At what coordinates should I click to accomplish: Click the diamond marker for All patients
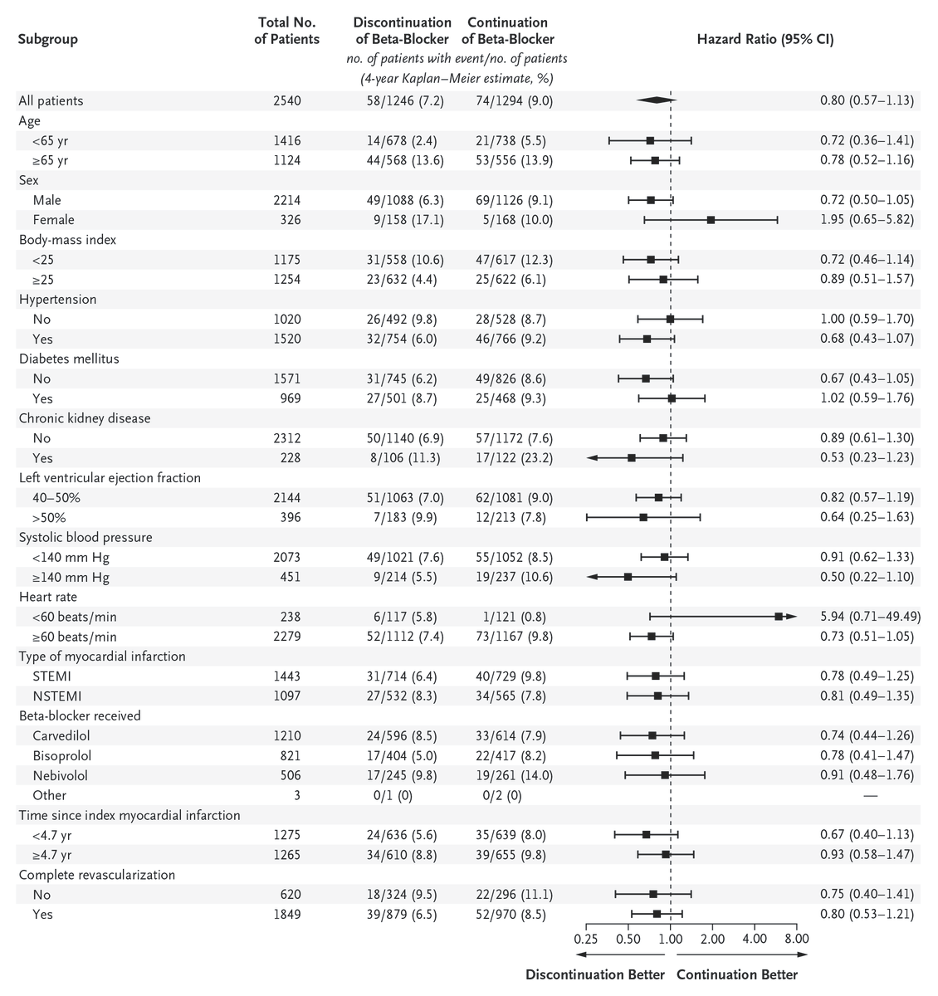click(657, 100)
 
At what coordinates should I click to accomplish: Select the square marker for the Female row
click(711, 220)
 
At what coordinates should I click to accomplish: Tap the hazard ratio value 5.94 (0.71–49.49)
click(867, 617)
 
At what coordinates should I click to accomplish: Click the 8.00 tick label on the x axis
click(796, 939)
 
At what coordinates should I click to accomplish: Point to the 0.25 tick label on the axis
click(586, 939)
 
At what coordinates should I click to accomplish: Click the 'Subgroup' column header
click(48, 39)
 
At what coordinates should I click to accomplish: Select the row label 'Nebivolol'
click(60, 776)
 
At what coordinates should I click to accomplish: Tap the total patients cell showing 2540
click(286, 100)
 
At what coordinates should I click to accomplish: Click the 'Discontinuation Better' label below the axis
click(595, 974)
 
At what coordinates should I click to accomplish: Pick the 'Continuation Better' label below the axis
click(737, 974)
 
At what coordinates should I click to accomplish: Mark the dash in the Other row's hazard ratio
click(870, 795)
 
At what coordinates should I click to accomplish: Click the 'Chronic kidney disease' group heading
click(85, 418)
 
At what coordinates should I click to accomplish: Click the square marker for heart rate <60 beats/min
click(779, 617)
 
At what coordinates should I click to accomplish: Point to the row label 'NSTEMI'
click(56, 696)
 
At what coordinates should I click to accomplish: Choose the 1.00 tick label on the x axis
click(670, 939)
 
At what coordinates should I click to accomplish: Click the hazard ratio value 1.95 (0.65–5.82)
click(867, 220)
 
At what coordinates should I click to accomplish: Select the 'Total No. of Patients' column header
click(286, 31)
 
